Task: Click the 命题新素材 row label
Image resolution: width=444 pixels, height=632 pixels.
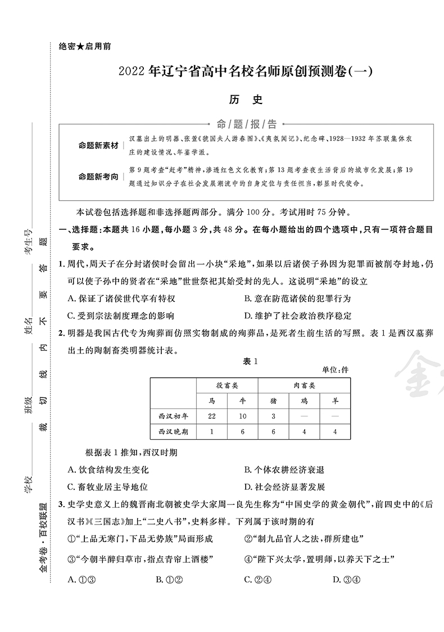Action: (x=98, y=146)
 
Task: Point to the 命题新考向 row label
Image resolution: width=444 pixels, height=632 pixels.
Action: (x=98, y=177)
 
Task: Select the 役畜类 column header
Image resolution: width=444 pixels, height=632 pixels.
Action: (x=227, y=386)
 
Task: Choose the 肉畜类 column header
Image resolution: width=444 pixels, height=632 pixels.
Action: (x=304, y=386)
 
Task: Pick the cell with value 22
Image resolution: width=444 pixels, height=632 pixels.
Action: (x=212, y=416)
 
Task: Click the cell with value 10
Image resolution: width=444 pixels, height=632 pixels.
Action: (x=242, y=416)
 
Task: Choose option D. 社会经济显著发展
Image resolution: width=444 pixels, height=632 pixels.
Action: (x=285, y=487)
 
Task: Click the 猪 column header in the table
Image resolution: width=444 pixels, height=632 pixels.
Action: (x=273, y=401)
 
